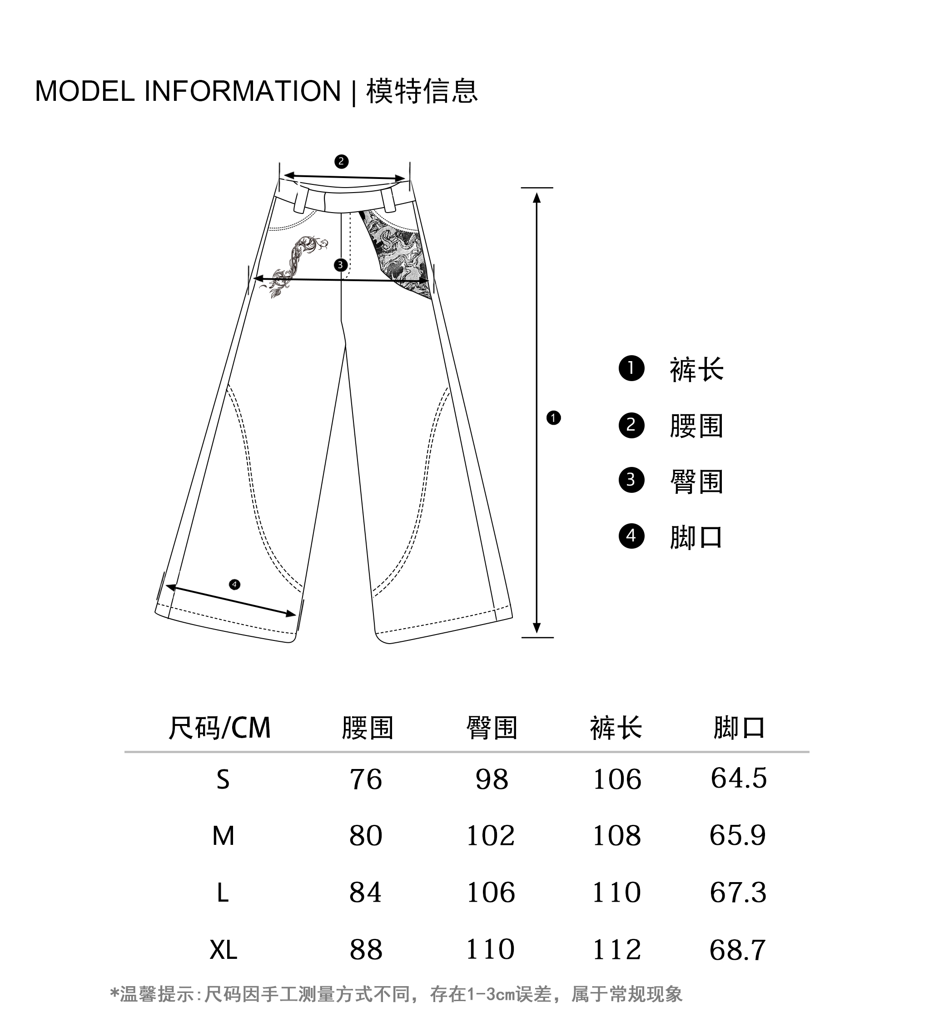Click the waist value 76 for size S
tap(366, 779)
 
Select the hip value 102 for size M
tap(490, 836)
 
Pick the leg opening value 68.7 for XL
tap(737, 950)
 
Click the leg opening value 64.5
tap(738, 778)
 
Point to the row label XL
tap(223, 951)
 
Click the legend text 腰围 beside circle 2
tap(696, 426)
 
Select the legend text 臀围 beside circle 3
tap(696, 481)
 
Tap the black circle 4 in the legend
tap(631, 536)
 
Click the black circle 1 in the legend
tap(631, 368)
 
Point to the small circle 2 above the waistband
tap(342, 162)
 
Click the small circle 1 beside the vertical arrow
tap(553, 418)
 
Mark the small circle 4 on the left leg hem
tap(234, 585)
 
